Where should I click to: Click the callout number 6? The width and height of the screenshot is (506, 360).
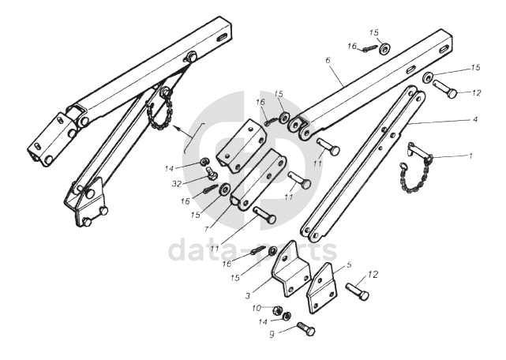coord(327,59)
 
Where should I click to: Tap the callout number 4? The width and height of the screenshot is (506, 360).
coord(475,119)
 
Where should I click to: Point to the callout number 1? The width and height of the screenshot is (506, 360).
coord(470,156)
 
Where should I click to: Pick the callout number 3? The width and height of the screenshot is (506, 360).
coord(248,295)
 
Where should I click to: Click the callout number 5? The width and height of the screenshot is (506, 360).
coord(350,266)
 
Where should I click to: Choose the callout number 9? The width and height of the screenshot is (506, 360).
coord(273,334)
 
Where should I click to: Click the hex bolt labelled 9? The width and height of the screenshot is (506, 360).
coord(305,329)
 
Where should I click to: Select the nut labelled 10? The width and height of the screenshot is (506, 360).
coord(279,309)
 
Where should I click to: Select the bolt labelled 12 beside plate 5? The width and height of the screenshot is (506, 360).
coord(358,292)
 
